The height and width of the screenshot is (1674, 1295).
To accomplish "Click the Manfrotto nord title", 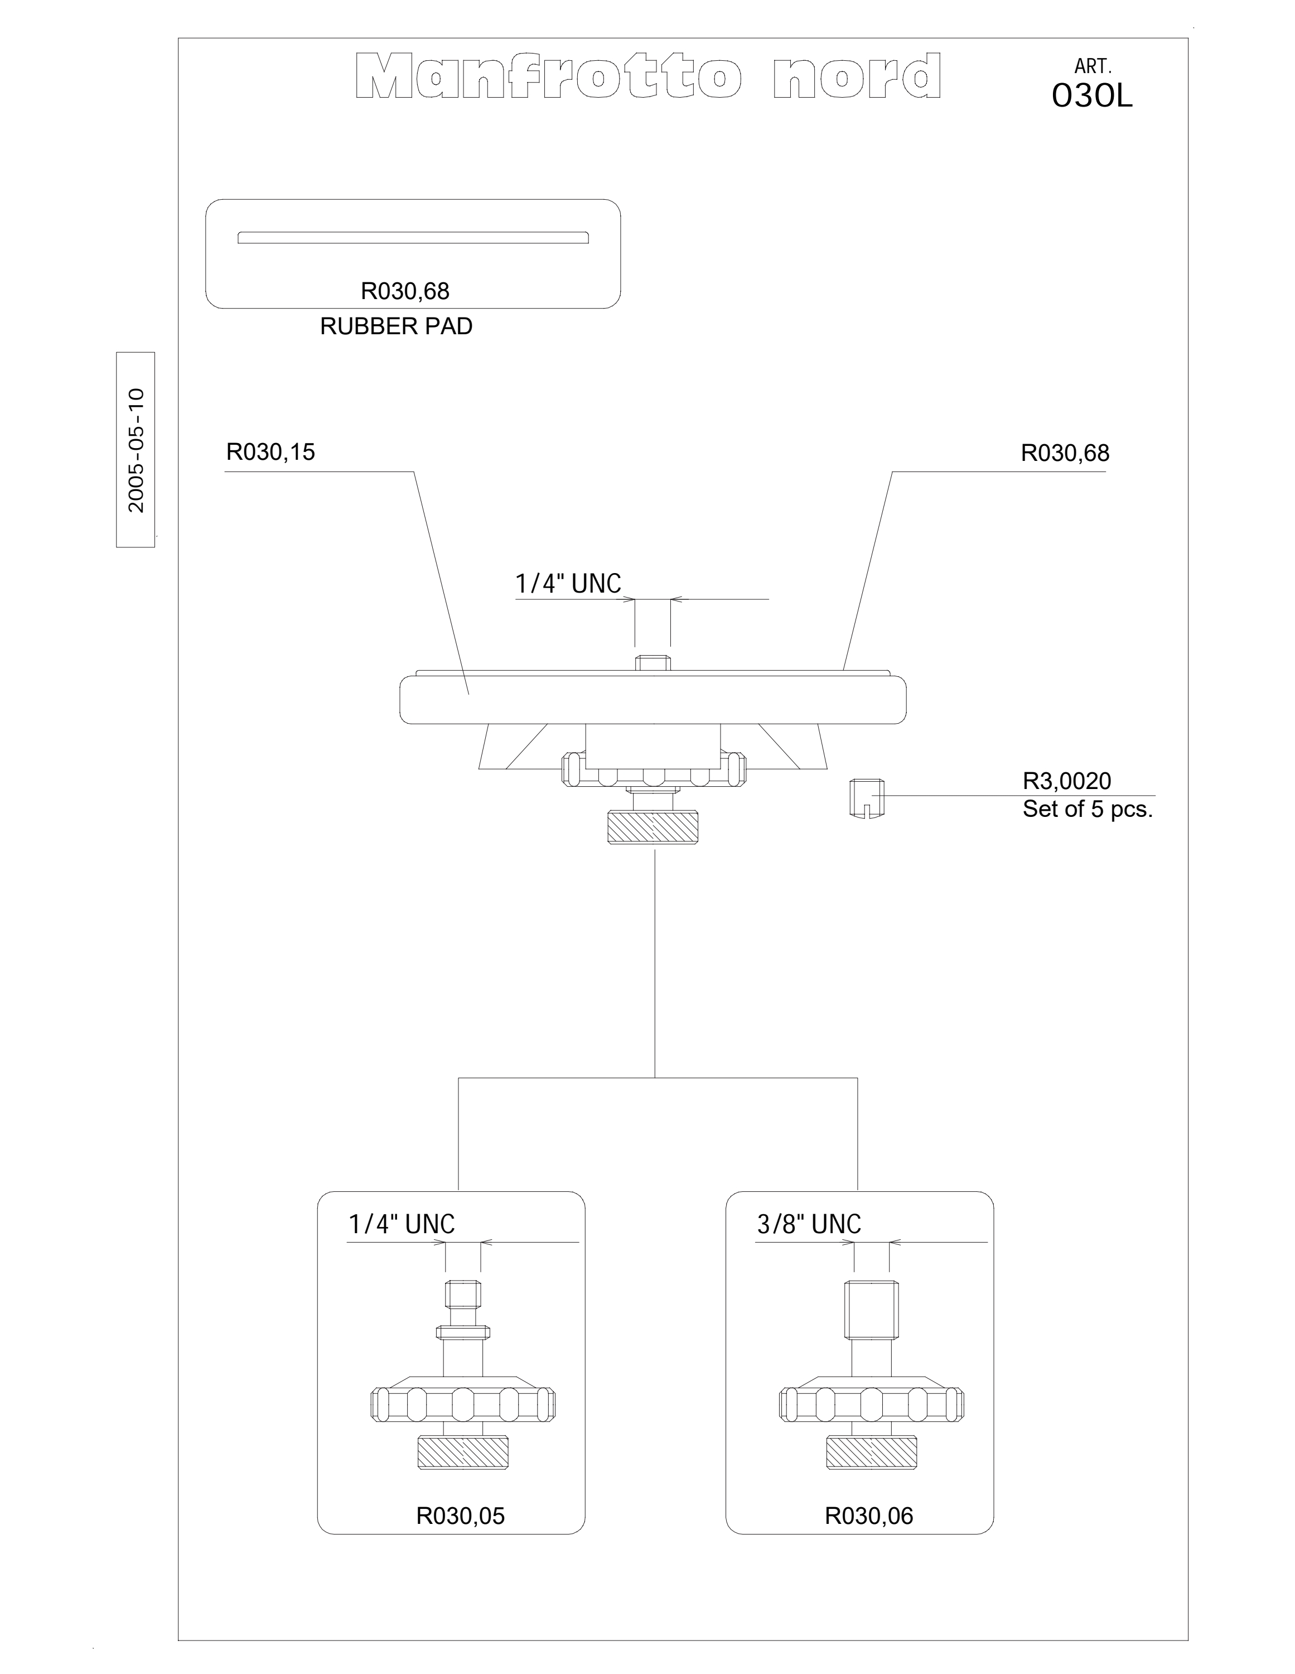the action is pyautogui.click(x=648, y=76).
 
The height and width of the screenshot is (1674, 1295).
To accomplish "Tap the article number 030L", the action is pyautogui.click(x=1092, y=96).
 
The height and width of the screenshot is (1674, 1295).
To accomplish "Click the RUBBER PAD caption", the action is pyautogui.click(x=396, y=326).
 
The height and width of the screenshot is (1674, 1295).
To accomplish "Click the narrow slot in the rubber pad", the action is pyautogui.click(x=413, y=238).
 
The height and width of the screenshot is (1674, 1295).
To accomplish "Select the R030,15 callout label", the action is pyautogui.click(x=270, y=452).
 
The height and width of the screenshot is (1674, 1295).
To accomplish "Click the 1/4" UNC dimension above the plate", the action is pyautogui.click(x=568, y=584).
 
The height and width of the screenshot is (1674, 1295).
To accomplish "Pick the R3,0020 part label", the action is pyautogui.click(x=1067, y=781).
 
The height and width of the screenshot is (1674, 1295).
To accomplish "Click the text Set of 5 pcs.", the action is pyautogui.click(x=1088, y=810).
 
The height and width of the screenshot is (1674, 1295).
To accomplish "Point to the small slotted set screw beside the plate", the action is pyautogui.click(x=867, y=798).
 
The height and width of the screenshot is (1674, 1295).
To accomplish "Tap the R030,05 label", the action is pyautogui.click(x=461, y=1516).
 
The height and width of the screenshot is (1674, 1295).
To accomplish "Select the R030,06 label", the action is pyautogui.click(x=869, y=1516).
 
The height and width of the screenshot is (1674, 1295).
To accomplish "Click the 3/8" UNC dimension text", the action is pyautogui.click(x=809, y=1225).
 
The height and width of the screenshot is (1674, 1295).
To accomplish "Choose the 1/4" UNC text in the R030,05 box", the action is pyautogui.click(x=402, y=1225).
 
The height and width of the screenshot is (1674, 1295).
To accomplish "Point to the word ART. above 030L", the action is pyautogui.click(x=1093, y=68).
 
